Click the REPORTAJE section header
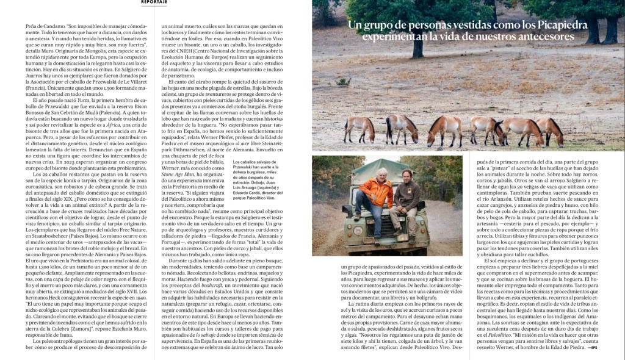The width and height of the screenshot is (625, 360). tap(146, 2)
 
